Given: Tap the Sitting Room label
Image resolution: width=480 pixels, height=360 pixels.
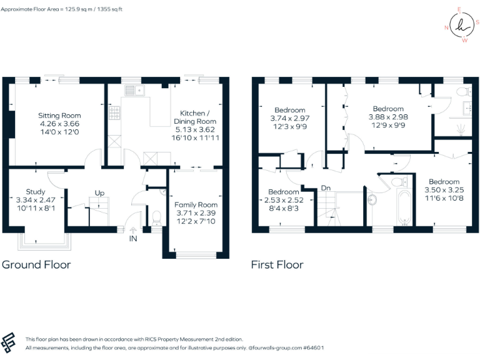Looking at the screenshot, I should (59, 123).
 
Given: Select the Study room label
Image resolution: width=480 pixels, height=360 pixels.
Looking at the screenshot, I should (36, 199).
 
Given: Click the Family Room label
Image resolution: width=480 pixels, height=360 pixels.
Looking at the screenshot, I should (196, 212).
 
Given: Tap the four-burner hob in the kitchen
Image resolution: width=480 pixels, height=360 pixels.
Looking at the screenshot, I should (116, 113).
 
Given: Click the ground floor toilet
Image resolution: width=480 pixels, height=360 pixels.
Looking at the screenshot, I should (157, 217).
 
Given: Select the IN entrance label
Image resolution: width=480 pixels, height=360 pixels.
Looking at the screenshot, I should (133, 239).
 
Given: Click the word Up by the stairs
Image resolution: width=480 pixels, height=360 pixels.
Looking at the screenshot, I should (99, 192).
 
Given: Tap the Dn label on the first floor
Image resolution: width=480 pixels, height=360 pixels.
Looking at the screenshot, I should (326, 187).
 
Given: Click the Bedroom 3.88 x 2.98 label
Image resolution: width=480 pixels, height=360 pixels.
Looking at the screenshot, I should (388, 117).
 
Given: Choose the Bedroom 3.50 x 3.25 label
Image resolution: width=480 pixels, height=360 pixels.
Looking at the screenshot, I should (444, 189).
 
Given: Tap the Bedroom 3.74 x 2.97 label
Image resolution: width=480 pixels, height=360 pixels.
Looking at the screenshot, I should (289, 119).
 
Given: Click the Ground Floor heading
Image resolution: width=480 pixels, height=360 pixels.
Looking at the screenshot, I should (36, 264).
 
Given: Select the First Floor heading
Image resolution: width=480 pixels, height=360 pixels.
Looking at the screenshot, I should (277, 264).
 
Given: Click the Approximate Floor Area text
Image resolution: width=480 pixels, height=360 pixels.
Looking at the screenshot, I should (62, 9).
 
